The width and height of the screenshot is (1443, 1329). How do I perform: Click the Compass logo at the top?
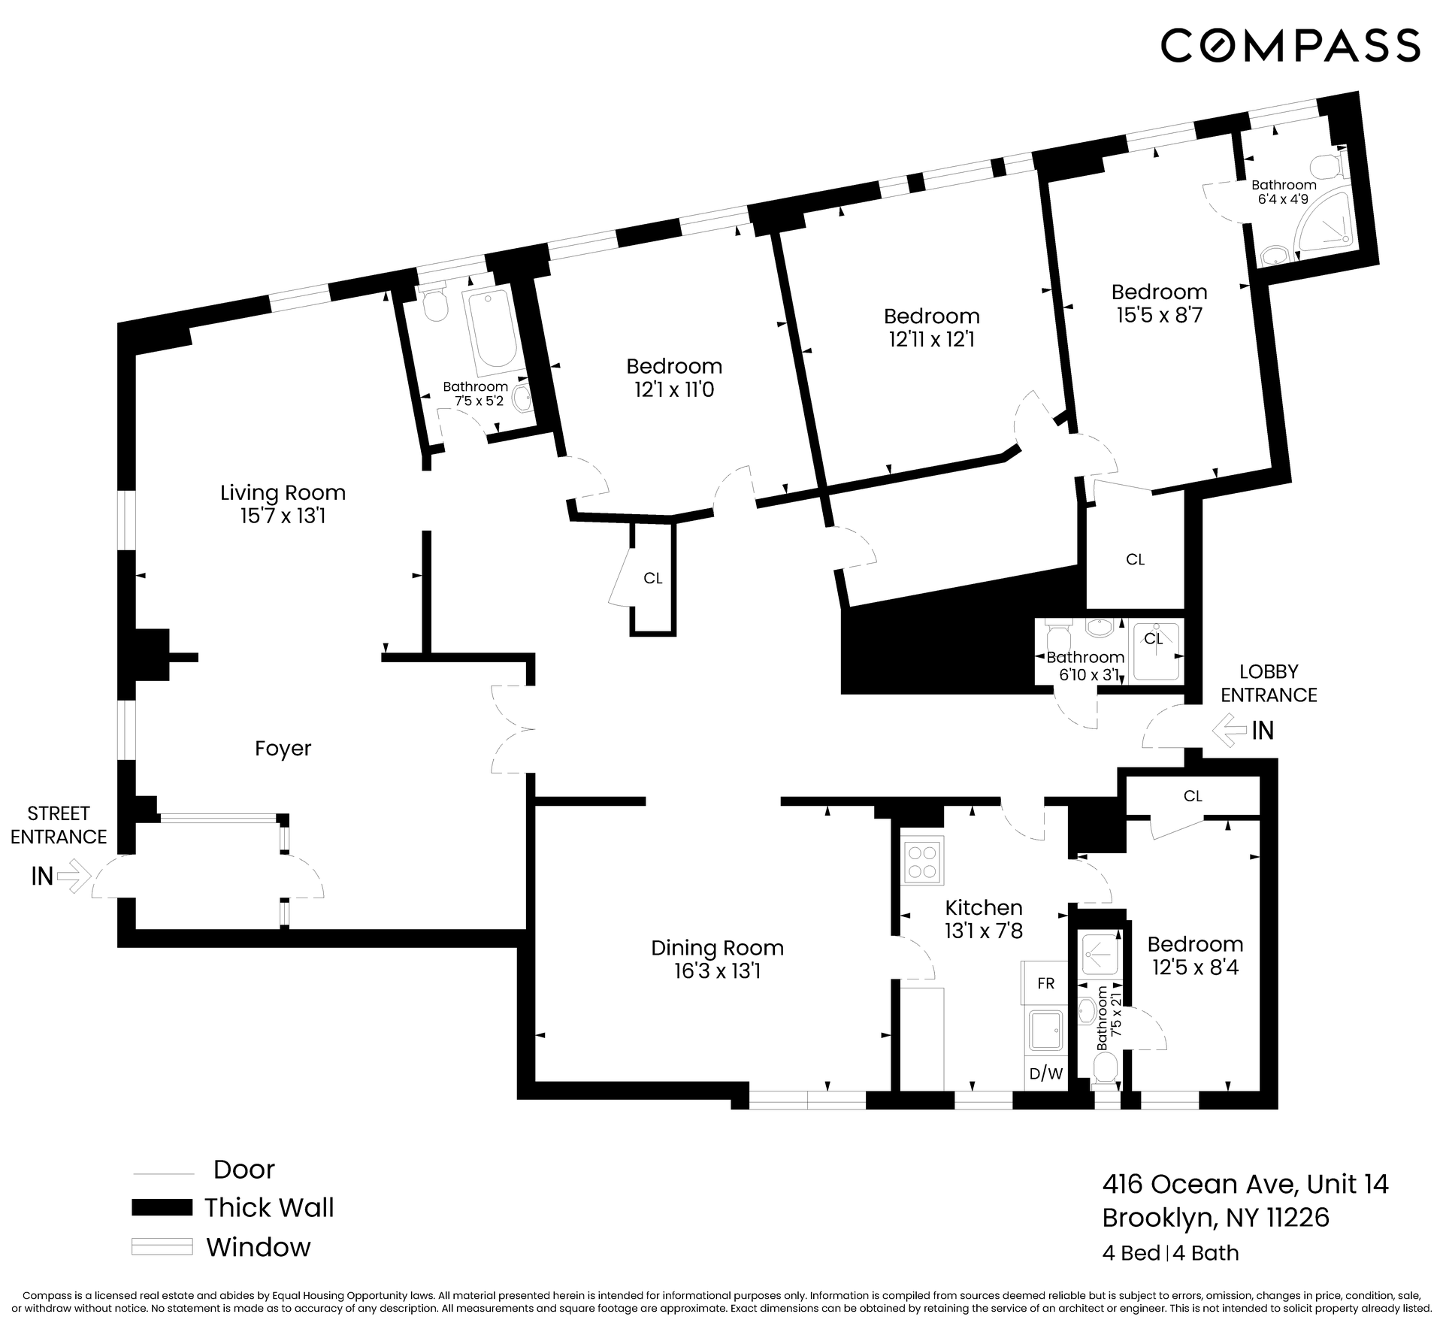tap(1290, 44)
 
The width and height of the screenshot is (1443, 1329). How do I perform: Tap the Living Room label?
tap(283, 493)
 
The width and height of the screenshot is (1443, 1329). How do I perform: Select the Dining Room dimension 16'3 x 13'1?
tap(717, 972)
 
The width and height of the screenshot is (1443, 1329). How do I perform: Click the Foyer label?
tap(283, 749)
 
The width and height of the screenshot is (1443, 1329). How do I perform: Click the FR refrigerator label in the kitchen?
tap(1045, 983)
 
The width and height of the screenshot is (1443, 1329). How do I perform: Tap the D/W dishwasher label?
tap(1045, 1073)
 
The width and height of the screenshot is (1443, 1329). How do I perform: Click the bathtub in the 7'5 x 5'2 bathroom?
tap(491, 331)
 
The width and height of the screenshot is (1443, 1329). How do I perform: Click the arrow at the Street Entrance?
tap(73, 876)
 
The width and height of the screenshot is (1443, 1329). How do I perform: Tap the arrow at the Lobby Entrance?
tap(1230, 730)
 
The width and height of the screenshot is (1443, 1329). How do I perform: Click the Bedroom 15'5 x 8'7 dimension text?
tap(1159, 315)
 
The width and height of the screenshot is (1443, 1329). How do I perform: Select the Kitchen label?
tap(984, 907)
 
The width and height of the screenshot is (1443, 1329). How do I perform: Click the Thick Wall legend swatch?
tap(162, 1207)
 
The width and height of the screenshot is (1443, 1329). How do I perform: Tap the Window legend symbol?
tap(162, 1246)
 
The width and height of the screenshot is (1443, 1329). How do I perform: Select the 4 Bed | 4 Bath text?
tap(1170, 1252)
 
